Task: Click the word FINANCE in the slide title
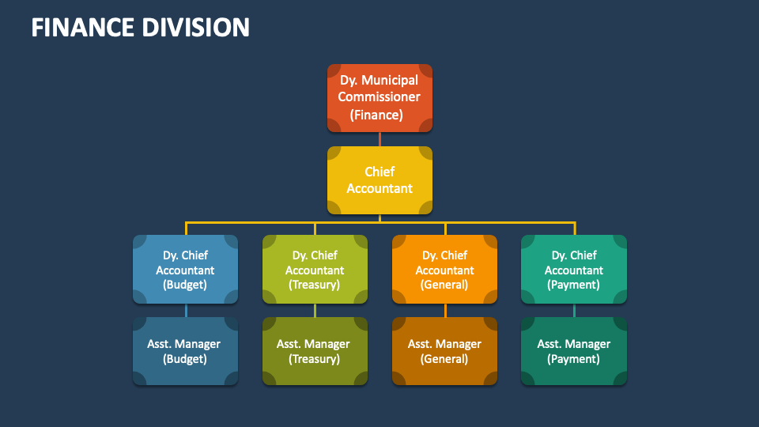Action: click(x=82, y=28)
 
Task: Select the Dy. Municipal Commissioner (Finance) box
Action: click(x=379, y=97)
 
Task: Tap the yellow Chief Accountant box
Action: click(x=379, y=180)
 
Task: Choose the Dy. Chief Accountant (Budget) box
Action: click(x=185, y=270)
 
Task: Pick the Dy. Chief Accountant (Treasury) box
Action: click(x=315, y=270)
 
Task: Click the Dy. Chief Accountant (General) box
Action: click(x=445, y=270)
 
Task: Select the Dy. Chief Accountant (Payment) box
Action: click(x=574, y=270)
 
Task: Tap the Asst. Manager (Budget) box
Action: click(x=185, y=351)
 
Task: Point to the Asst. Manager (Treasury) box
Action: click(x=315, y=351)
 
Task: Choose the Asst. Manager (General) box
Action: click(x=445, y=351)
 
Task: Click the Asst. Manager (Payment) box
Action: click(x=574, y=351)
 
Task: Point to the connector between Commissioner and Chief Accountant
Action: click(x=379, y=139)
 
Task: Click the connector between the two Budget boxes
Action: click(x=186, y=311)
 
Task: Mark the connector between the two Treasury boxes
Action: click(x=315, y=311)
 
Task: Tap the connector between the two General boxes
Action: click(x=445, y=311)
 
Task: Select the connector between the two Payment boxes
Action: click(x=574, y=311)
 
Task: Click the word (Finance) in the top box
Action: click(x=377, y=115)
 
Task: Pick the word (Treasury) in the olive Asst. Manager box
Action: click(x=315, y=359)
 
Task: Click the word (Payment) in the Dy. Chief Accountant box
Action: click(x=574, y=285)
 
